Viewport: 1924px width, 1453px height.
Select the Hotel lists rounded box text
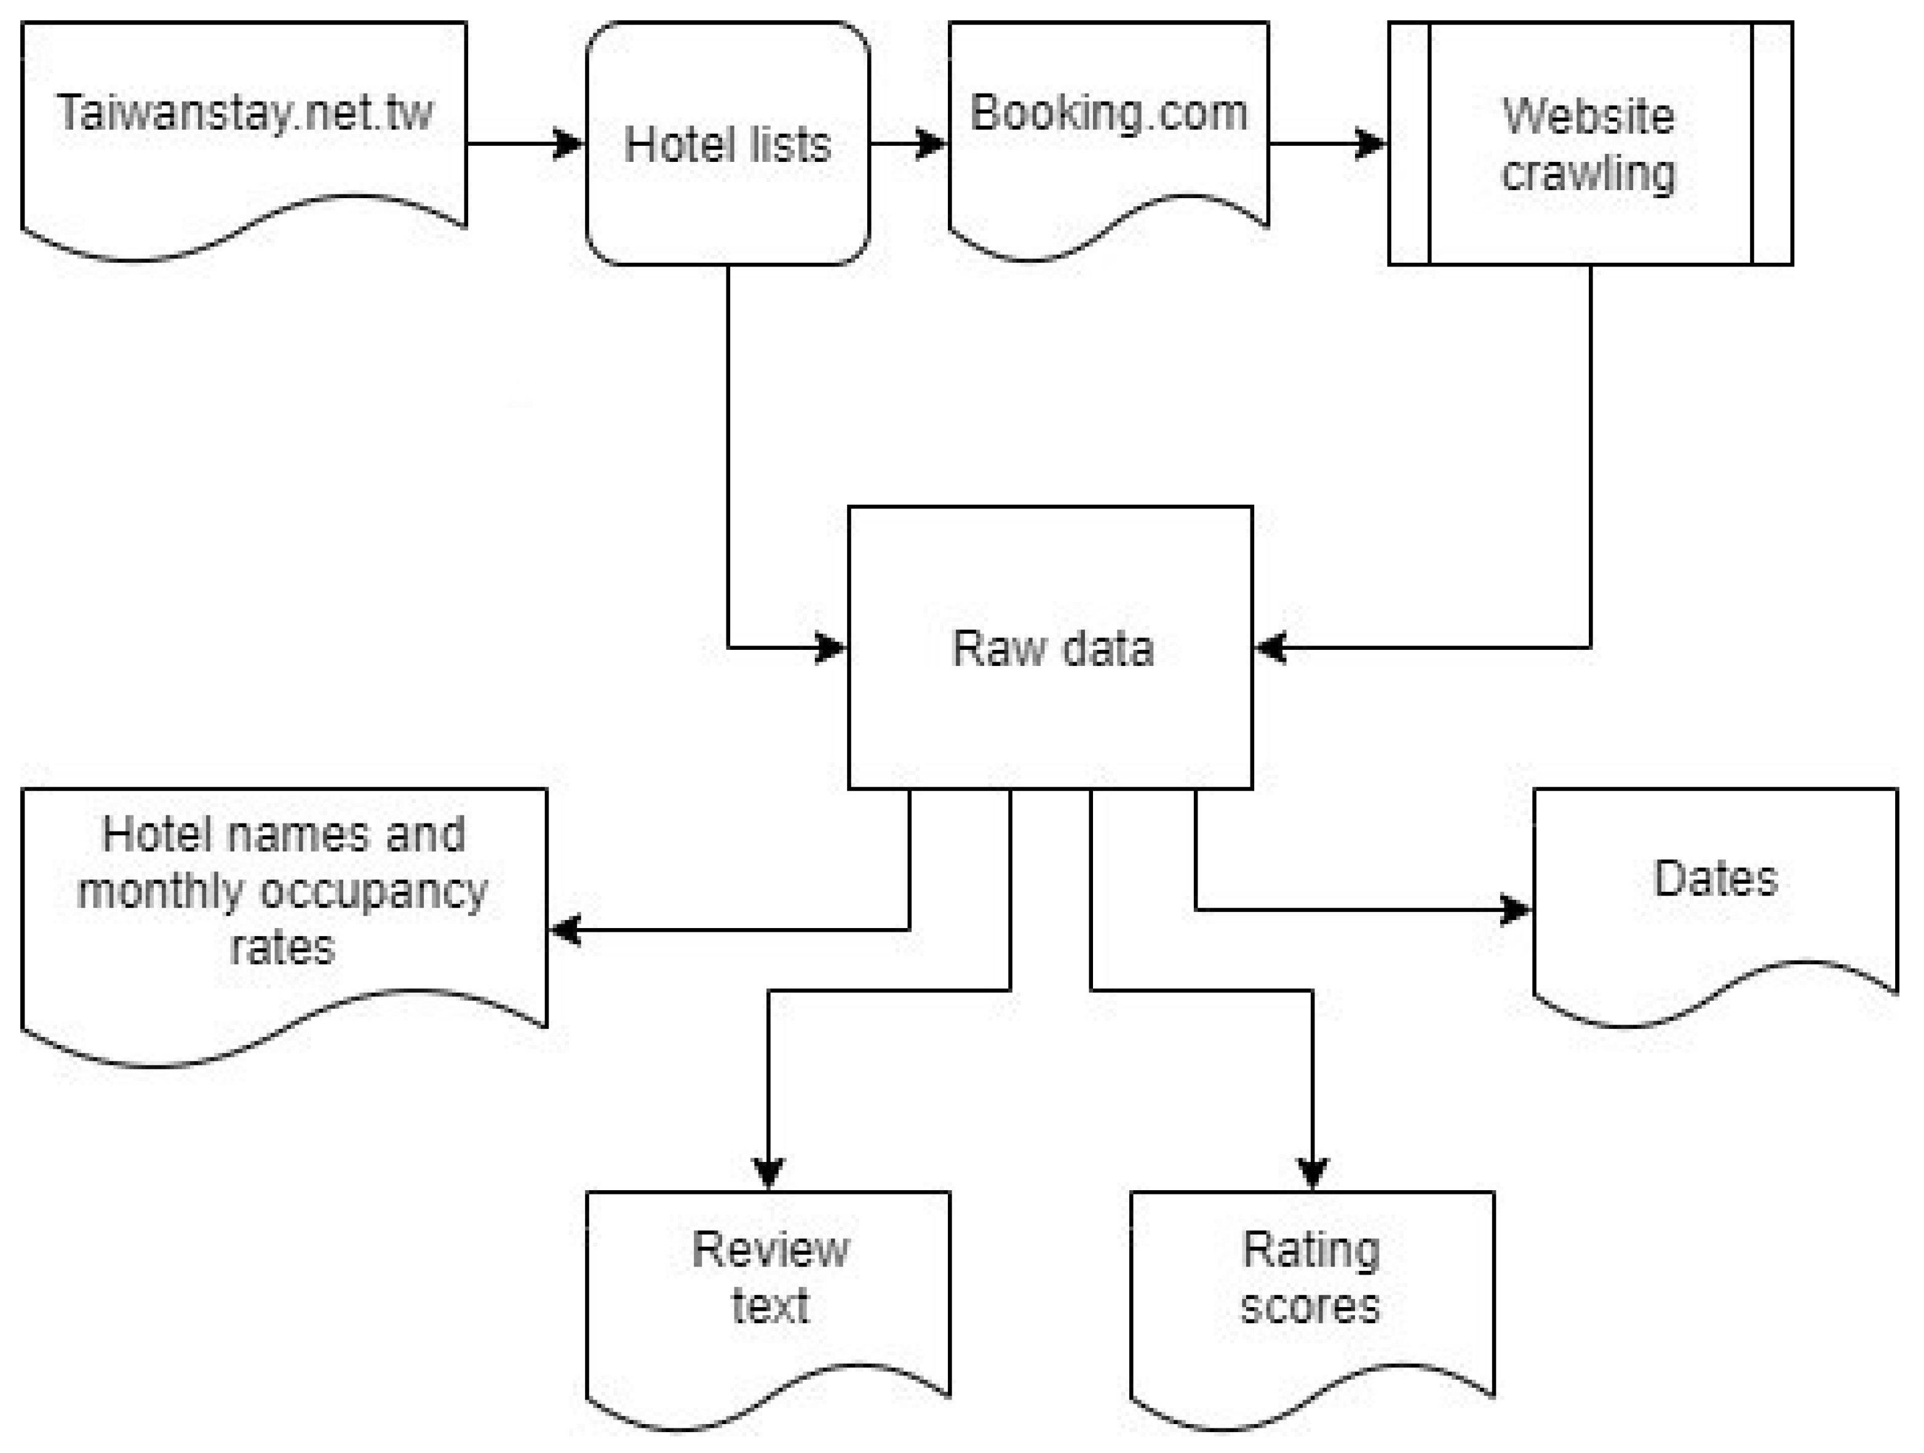[727, 145]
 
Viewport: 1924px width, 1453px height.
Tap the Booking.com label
[1108, 113]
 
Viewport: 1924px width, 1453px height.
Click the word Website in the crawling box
[1588, 116]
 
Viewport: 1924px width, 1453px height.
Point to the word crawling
[1588, 173]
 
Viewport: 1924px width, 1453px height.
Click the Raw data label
[1052, 648]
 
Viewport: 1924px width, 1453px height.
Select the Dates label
[1715, 879]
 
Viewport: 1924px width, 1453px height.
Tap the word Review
[769, 1251]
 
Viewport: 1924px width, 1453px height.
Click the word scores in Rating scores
[1310, 1307]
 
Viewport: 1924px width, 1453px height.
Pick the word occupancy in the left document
[374, 891]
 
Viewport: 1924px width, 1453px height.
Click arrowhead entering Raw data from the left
[830, 647]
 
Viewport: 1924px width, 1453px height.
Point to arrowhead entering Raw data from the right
[1271, 647]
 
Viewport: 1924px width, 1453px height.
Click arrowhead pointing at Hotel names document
[565, 930]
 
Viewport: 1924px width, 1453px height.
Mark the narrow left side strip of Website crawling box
[1409, 143]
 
